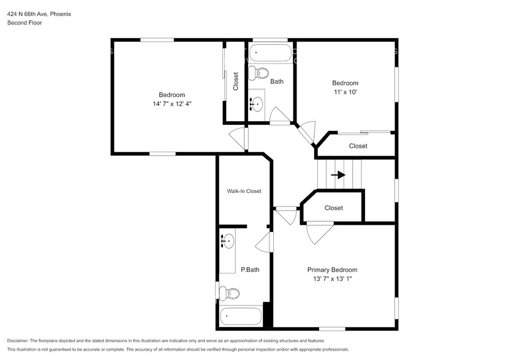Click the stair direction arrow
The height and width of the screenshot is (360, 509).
coord(337,174)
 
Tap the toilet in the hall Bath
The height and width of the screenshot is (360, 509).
coord(262,73)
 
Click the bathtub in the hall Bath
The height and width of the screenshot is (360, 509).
coord(270,53)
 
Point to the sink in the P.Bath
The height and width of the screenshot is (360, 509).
coord(228,242)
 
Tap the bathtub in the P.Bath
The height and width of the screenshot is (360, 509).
coord(241,316)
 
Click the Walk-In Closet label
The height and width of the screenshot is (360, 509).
coord(244,191)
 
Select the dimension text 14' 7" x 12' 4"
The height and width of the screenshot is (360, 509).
coord(172,104)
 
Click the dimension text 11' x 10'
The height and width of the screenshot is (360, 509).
coord(345,92)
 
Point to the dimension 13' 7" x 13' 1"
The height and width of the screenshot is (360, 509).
coord(332,279)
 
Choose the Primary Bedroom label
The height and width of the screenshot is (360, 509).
coord(332,269)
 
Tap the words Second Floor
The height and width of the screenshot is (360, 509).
coord(24,23)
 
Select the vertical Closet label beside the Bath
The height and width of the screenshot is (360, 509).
coord(236,81)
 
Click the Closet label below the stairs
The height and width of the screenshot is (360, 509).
coord(333,208)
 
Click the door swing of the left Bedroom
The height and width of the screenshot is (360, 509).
coord(238,138)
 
